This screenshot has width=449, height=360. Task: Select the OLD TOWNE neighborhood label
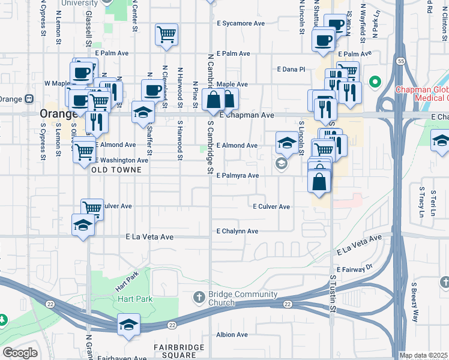116,170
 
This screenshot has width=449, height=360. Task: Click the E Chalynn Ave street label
237,231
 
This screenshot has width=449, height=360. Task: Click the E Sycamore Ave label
242,23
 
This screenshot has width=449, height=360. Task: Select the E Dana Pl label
291,69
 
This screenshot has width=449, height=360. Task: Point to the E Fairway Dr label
355,269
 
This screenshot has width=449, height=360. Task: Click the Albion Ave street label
233,335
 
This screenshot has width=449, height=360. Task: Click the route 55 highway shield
399,61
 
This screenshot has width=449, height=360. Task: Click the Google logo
20,353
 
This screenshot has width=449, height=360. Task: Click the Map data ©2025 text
424,356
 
